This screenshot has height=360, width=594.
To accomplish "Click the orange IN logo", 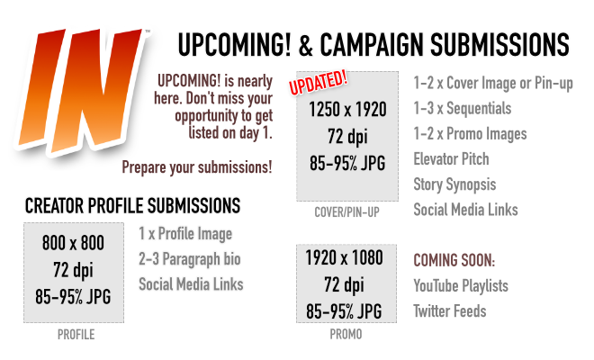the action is click(x=81, y=91).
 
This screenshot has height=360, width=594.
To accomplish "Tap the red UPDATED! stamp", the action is click(x=319, y=82).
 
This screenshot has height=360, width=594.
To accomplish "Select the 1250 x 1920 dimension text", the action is click(x=347, y=110).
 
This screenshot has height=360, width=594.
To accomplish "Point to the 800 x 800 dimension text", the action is click(x=73, y=243).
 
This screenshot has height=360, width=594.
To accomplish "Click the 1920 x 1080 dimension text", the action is click(x=345, y=258).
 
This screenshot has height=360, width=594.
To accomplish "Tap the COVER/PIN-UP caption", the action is click(x=346, y=212).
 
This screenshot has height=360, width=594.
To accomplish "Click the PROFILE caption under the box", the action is click(x=76, y=335).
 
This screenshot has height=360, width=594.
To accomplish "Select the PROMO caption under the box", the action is click(x=346, y=334).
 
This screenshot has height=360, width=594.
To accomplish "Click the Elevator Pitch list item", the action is click(x=451, y=159).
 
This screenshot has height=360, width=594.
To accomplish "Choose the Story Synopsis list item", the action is click(x=454, y=184).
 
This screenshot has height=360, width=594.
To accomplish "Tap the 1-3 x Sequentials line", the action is click(x=463, y=109).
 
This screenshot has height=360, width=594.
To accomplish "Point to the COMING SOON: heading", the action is click(x=454, y=261).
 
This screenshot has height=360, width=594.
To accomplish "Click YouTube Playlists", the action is click(x=461, y=286).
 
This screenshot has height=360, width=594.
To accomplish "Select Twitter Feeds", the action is click(x=450, y=311).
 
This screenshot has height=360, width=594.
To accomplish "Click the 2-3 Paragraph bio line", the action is click(x=189, y=259).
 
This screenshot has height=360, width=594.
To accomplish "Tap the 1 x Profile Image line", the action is click(x=185, y=234).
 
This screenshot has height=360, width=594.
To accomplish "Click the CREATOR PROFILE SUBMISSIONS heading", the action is click(x=132, y=206).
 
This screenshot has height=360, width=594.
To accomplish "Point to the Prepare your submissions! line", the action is click(x=197, y=167).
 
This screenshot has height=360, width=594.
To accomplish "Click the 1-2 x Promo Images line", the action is click(x=470, y=134).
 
